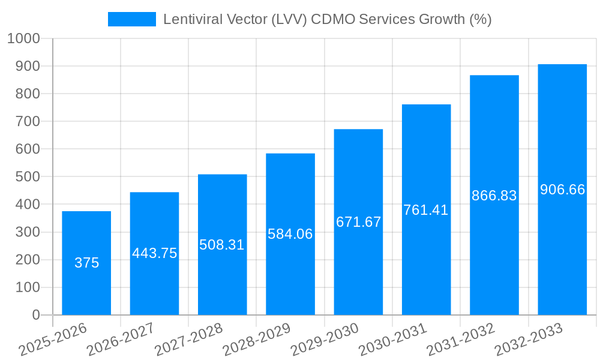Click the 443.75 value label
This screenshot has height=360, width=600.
[155, 253]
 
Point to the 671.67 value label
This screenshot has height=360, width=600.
[358, 222]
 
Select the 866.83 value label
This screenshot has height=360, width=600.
[494, 196]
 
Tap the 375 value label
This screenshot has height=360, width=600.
[86, 263]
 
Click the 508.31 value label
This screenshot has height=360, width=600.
[222, 245]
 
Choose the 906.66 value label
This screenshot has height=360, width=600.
[562, 190]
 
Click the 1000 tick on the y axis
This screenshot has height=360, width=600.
[23, 38]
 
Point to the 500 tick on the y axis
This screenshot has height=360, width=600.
[28, 177]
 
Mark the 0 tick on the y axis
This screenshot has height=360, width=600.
[36, 315]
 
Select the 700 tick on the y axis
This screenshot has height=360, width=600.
[28, 121]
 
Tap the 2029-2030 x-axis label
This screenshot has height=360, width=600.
[325, 339]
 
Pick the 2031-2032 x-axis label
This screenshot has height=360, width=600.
[460, 339]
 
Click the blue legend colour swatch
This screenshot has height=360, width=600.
[131, 19]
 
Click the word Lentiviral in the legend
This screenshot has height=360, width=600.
[191, 19]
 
